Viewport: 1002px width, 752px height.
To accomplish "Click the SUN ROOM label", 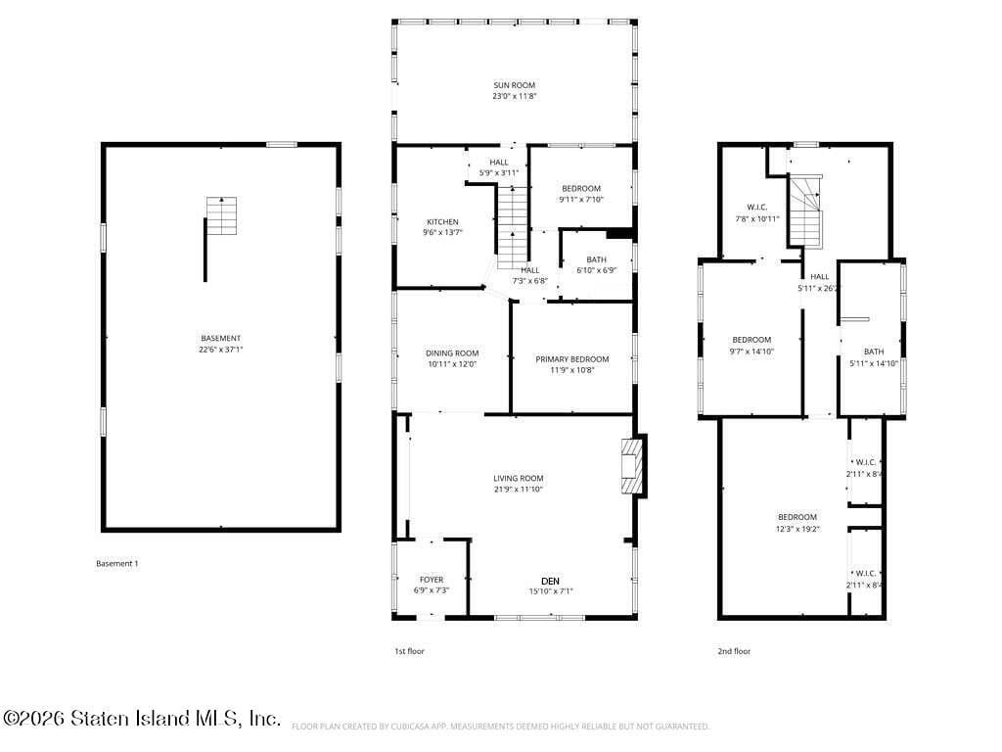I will pyautogui.click(x=514, y=85).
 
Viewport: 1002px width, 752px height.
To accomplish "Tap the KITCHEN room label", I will pyautogui.click(x=441, y=222).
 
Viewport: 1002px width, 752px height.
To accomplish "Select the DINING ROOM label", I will pyautogui.click(x=451, y=353).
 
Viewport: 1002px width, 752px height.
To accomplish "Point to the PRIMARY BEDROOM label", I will pyautogui.click(x=571, y=359).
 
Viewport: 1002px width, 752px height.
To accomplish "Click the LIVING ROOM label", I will pyautogui.click(x=518, y=479).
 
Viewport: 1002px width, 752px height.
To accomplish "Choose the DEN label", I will pyautogui.click(x=551, y=580).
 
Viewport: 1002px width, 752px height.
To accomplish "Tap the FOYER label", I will pyautogui.click(x=431, y=580).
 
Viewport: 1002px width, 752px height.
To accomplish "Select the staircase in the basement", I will pyautogui.click(x=221, y=216).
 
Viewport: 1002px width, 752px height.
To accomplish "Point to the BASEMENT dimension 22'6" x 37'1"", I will pyautogui.click(x=221, y=349).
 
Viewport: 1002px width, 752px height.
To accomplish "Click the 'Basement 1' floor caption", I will pyautogui.click(x=116, y=563).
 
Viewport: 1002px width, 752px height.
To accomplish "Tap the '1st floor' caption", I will pyautogui.click(x=409, y=651).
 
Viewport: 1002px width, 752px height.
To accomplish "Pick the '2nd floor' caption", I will pyautogui.click(x=735, y=651).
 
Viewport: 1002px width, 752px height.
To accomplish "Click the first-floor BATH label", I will pyautogui.click(x=596, y=259).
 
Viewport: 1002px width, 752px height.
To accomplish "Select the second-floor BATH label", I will pyautogui.click(x=873, y=352).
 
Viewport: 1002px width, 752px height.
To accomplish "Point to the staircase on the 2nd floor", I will pyautogui.click(x=804, y=211).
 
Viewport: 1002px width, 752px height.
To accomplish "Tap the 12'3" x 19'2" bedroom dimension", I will pyautogui.click(x=797, y=529).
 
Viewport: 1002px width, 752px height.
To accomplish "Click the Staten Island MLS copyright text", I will pyautogui.click(x=142, y=719).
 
